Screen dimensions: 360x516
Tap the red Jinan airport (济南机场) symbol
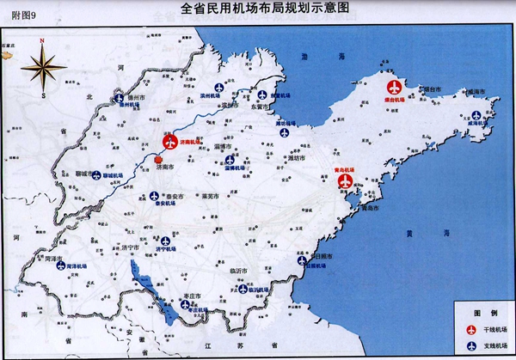[169, 143]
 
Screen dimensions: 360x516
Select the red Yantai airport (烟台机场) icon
[395, 88]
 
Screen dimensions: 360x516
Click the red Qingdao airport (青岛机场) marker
[347, 182]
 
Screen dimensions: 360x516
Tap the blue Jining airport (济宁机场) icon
[164, 241]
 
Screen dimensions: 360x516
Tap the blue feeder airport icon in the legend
[470, 345]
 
